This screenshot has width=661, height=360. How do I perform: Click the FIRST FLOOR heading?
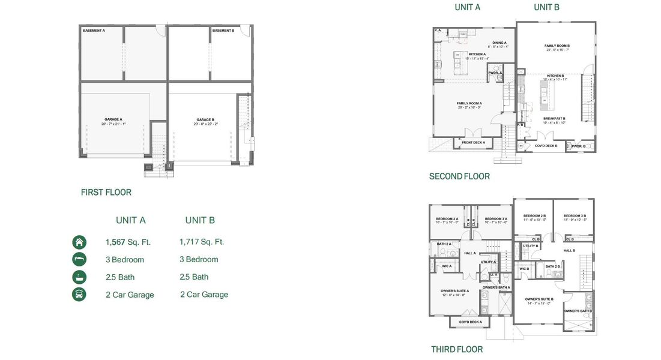(x=106, y=193)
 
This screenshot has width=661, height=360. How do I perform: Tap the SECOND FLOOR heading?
(x=459, y=176)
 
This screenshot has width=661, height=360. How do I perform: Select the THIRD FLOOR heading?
(x=457, y=349)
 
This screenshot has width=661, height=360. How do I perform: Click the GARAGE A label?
(x=113, y=119)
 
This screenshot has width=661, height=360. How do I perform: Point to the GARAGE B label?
(x=205, y=119)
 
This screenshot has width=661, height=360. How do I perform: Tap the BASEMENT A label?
(x=94, y=30)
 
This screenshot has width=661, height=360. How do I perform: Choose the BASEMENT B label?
(x=223, y=30)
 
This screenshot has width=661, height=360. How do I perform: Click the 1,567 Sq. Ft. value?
(x=128, y=242)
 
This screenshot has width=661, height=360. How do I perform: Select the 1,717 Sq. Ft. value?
(x=202, y=242)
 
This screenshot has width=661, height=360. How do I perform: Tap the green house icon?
(x=79, y=242)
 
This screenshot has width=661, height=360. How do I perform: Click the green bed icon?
(x=79, y=260)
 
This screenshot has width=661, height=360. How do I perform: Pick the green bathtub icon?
(x=79, y=277)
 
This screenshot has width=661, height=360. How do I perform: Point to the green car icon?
(x=79, y=295)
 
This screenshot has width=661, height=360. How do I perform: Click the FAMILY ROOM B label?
(x=557, y=46)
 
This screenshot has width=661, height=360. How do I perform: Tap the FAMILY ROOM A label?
(x=469, y=103)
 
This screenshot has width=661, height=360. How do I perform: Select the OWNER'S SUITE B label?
(x=539, y=299)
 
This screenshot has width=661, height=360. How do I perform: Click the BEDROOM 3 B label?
(x=575, y=215)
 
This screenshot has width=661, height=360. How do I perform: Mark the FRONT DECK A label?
(x=473, y=142)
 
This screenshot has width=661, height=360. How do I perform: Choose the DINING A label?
(x=500, y=43)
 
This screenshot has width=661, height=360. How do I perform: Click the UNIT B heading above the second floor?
(x=547, y=7)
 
